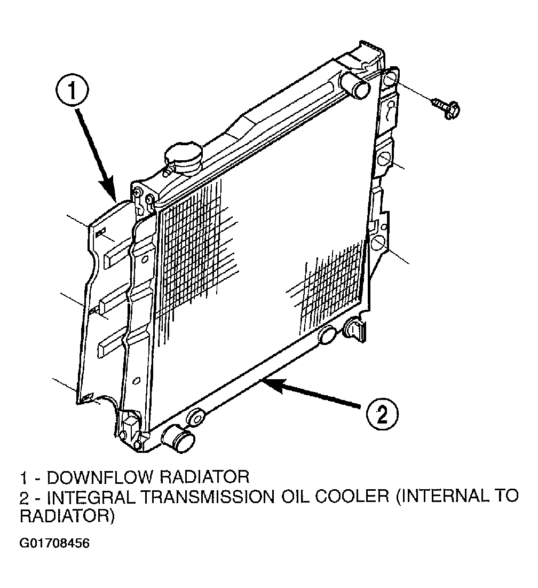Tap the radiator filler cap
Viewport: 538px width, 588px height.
183,158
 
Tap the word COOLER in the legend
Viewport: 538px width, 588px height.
351,497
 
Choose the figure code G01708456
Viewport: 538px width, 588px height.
54,544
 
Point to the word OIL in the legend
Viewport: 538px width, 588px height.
294,497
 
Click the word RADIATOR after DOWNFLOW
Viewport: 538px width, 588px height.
205,477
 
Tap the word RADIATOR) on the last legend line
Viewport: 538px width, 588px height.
67,516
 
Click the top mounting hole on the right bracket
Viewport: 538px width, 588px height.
390,79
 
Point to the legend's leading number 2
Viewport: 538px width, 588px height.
24,497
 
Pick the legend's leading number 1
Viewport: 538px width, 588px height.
23,477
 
